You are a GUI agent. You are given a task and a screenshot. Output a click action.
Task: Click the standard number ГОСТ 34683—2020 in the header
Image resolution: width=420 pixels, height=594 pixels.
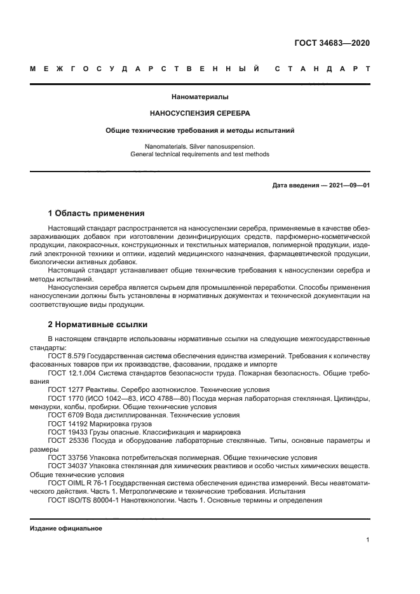point(332,43)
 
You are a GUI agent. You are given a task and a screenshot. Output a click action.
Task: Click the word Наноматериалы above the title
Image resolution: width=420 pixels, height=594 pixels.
point(200,97)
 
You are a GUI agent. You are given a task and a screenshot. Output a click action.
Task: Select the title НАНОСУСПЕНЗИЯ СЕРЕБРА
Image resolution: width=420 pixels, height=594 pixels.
point(200,114)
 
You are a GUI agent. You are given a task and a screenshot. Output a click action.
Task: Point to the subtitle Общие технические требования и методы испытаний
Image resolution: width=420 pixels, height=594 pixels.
point(200,130)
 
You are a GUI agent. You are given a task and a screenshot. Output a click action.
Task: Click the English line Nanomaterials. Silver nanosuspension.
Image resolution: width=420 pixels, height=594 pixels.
point(200,146)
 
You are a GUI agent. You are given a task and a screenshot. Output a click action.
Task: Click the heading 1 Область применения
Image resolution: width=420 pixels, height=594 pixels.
point(97,213)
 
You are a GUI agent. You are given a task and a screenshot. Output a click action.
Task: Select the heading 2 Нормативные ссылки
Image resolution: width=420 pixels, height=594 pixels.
point(93,324)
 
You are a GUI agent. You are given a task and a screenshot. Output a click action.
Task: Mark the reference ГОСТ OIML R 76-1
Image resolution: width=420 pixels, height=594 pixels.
point(77,483)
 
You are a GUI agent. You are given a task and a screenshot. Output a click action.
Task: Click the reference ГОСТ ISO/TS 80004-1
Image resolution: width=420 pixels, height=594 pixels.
point(81,499)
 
